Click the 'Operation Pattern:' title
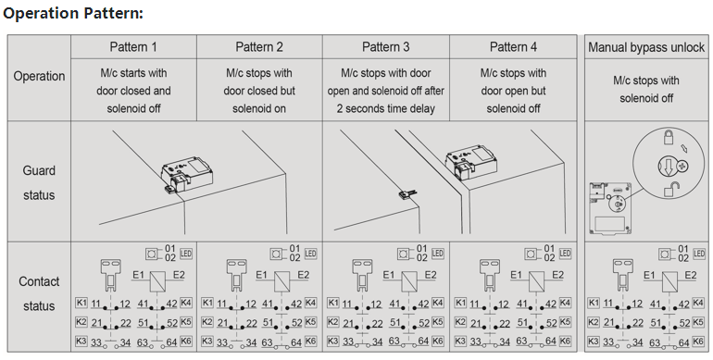(x=73, y=13)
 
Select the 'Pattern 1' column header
(x=133, y=47)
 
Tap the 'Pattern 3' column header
(x=385, y=47)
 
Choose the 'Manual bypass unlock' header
(x=646, y=47)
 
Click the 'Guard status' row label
(x=39, y=182)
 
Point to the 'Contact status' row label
(x=39, y=293)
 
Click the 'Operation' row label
(x=39, y=76)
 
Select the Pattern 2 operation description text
(x=259, y=91)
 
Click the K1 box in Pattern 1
(x=81, y=303)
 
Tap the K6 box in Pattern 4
(x=564, y=341)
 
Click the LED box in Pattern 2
(x=310, y=254)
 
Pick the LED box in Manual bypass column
(x=698, y=254)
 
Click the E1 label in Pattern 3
(x=389, y=275)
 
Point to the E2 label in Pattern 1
(x=179, y=275)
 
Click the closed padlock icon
(x=668, y=136)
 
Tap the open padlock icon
(x=669, y=189)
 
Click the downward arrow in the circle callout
(x=668, y=166)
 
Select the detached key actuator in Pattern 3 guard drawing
(x=407, y=194)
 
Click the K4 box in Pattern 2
(x=310, y=303)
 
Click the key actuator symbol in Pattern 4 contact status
(x=489, y=275)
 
